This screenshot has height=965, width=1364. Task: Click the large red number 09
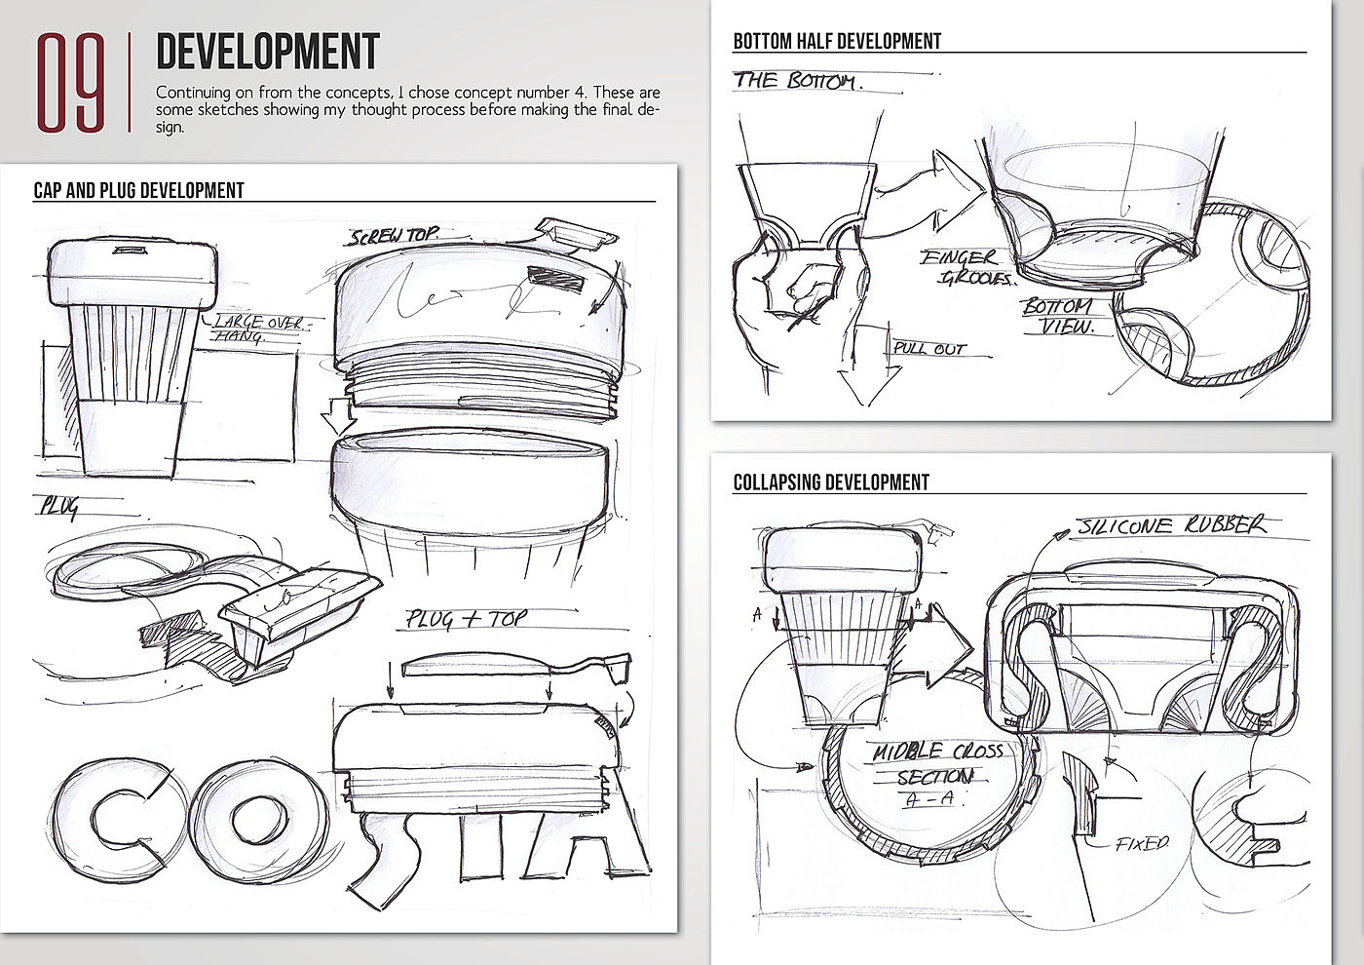70,83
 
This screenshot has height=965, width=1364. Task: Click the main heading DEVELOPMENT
267,52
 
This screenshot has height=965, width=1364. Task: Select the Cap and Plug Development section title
138,190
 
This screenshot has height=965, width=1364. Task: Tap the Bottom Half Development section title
837,41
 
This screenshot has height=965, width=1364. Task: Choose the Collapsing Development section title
831,482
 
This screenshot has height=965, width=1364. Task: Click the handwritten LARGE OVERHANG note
255,328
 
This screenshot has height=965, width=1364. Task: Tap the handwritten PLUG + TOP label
467,618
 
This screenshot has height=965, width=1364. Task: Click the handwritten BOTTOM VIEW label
1058,317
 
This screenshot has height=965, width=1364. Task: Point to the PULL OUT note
929,348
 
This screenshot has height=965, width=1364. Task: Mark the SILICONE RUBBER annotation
1171,525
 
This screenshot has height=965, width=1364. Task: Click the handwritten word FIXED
1142,843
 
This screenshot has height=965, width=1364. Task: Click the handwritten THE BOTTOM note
797,81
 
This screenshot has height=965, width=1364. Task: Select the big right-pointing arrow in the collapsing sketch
939,642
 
